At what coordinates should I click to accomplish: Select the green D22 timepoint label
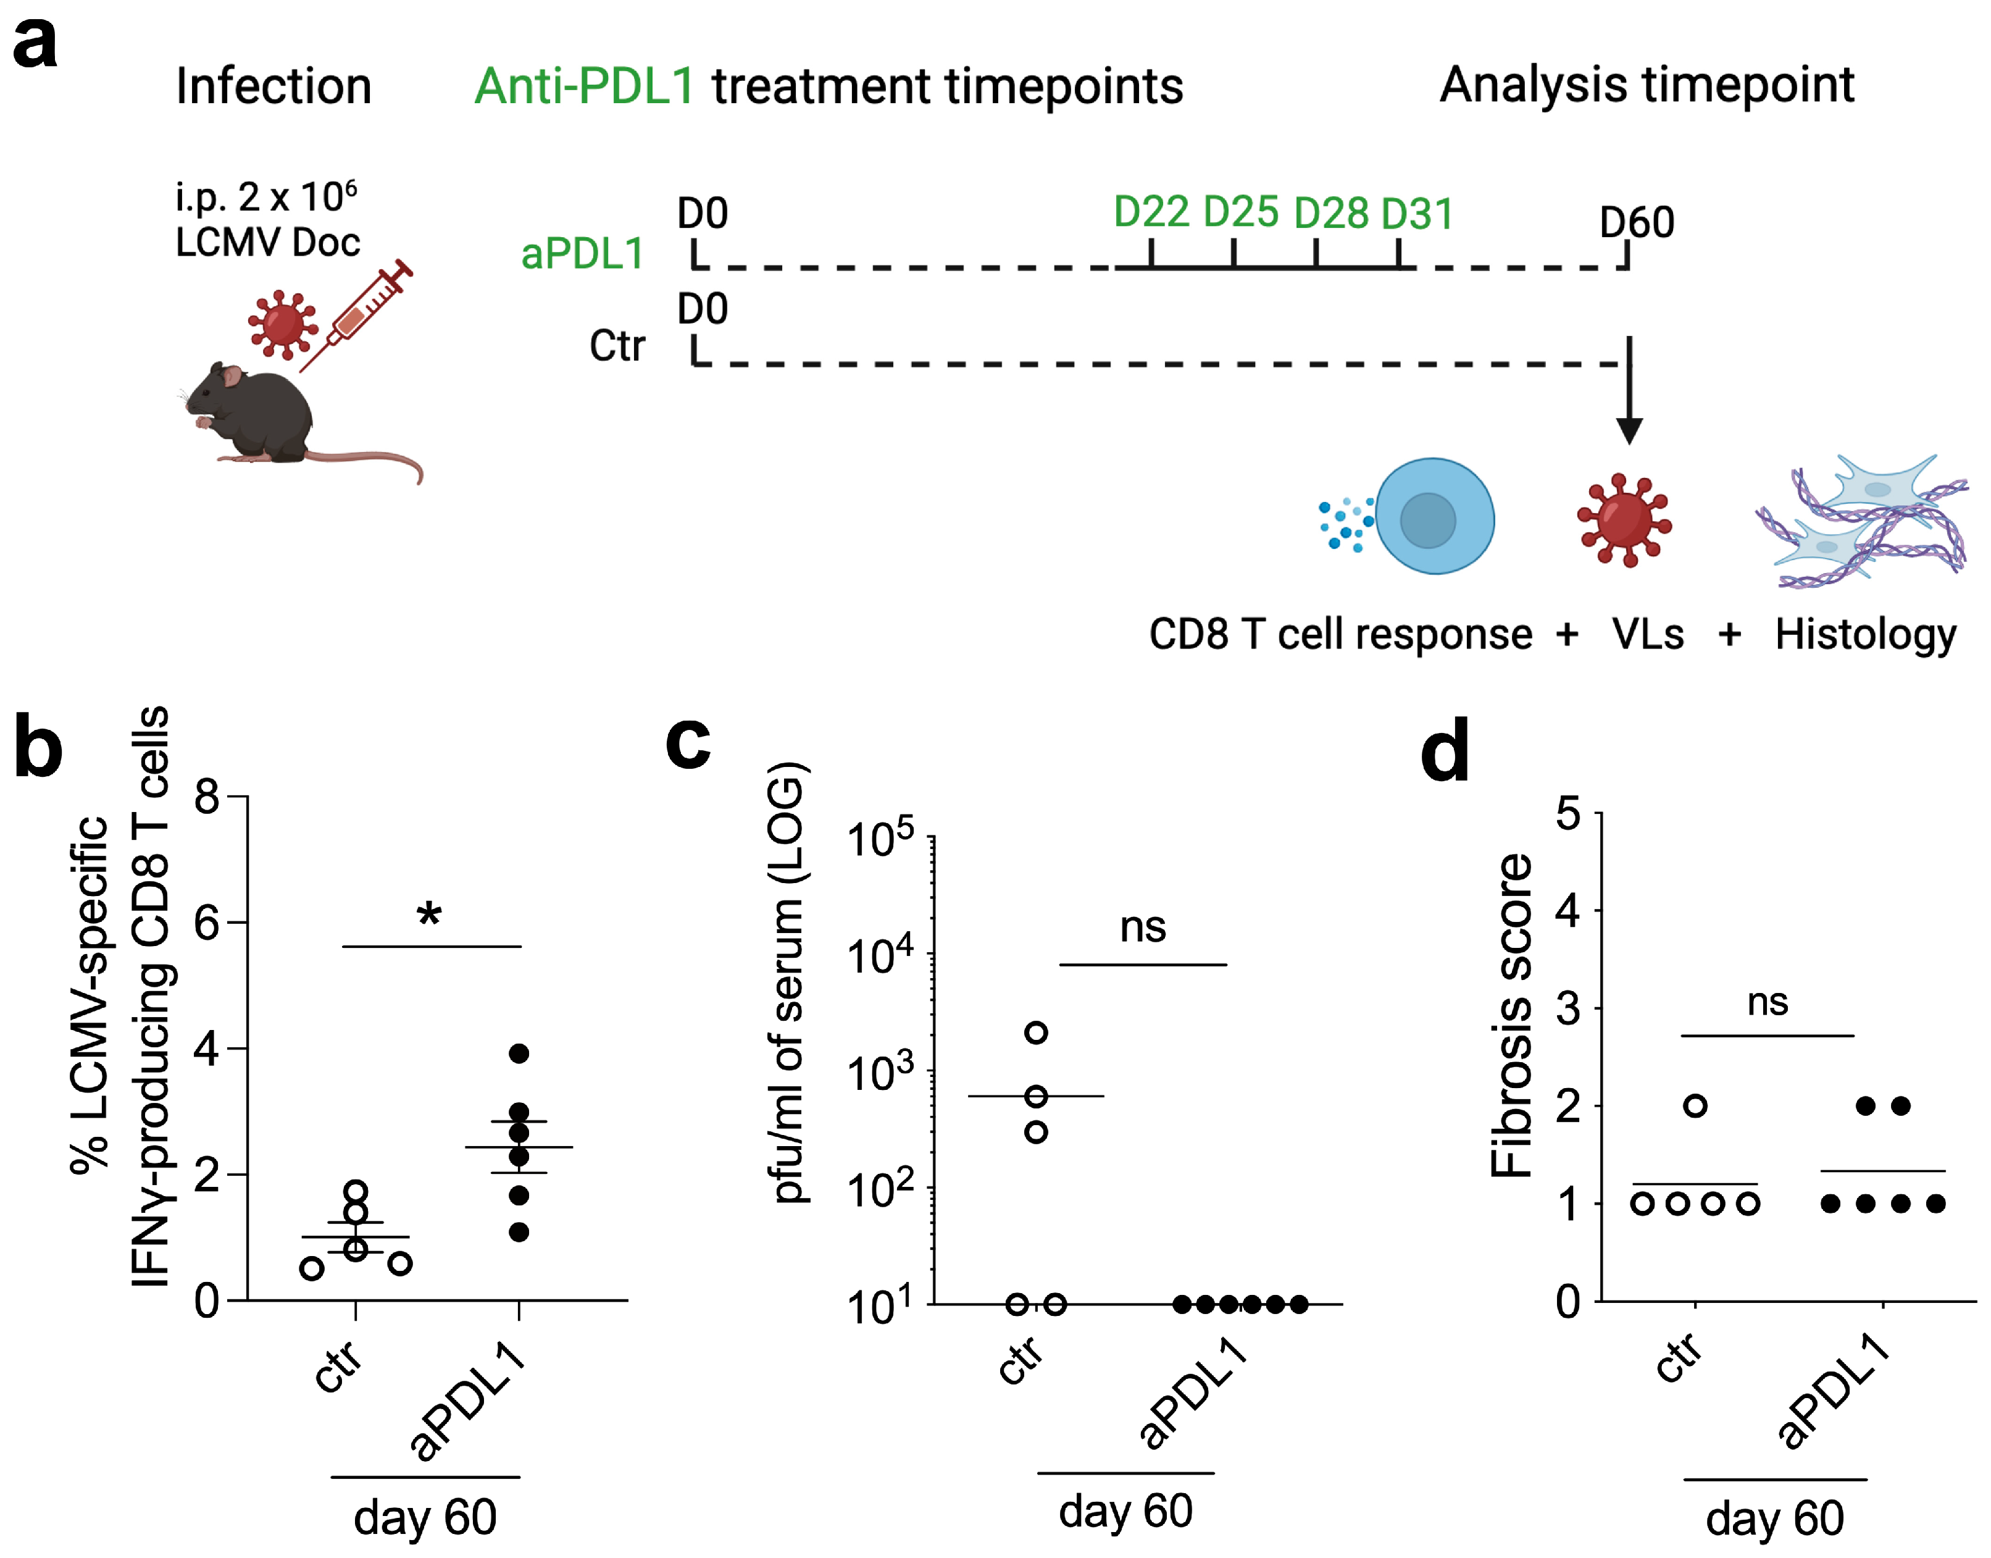[x=1151, y=212]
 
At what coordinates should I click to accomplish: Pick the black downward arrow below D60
[x=1629, y=392]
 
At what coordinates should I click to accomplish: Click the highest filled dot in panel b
[x=519, y=1053]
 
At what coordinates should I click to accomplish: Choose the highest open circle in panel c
[x=1036, y=1032]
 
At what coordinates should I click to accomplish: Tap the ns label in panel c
[x=1143, y=928]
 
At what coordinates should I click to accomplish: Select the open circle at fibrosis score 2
[x=1695, y=1105]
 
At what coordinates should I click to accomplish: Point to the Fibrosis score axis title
[x=1510, y=1015]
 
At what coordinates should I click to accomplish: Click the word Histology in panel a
[x=1865, y=635]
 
